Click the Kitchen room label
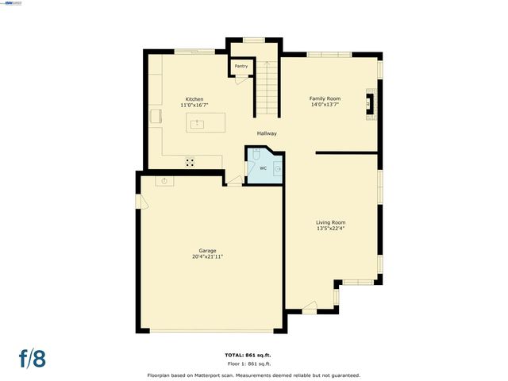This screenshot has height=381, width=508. click(194, 99)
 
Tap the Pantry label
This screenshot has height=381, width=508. click(241, 66)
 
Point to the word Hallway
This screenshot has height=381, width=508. click(266, 133)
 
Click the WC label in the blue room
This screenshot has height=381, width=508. click(263, 168)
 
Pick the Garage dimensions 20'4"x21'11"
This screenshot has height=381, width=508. click(206, 256)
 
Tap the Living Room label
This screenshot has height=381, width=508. click(330, 222)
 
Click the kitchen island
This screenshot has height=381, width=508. click(206, 124)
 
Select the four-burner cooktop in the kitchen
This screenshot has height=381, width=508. click(190, 161)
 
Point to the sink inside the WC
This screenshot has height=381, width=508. click(278, 169)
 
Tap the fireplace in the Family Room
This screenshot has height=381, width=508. click(370, 103)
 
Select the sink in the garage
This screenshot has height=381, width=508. click(165, 181)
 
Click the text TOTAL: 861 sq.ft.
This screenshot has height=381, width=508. click(253, 355)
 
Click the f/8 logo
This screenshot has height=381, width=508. click(33, 358)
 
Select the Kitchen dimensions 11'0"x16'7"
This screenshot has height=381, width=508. click(194, 106)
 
